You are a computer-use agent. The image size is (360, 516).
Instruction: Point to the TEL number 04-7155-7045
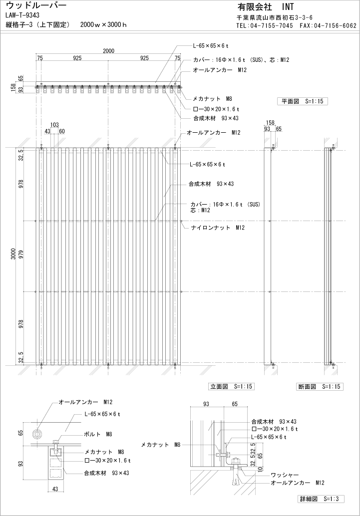272,25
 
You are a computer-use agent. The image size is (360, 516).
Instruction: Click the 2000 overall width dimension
109,50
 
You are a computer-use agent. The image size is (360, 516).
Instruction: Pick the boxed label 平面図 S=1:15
302,101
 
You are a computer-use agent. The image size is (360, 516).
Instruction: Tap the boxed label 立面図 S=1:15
231,387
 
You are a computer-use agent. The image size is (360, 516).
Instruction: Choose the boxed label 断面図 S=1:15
320,387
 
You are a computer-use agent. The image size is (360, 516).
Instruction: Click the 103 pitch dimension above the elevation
55,125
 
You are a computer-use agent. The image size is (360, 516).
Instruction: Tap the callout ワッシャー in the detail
285,475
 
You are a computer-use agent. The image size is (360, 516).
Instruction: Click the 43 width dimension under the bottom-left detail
54,489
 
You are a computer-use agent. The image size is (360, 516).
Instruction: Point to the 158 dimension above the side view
270,122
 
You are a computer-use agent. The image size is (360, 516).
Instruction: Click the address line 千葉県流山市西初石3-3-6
274,17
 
